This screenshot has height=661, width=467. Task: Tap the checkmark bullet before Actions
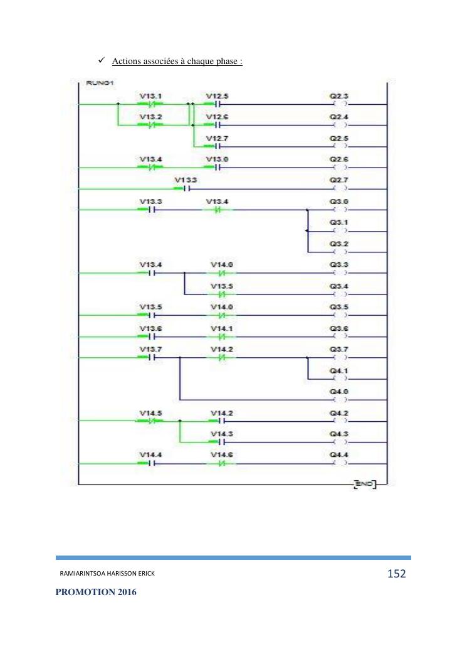pyautogui.click(x=102, y=61)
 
